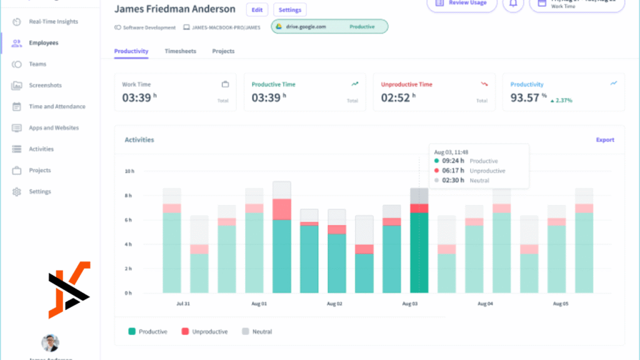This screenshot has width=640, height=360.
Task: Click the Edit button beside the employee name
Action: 257,10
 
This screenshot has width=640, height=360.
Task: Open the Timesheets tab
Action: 180,51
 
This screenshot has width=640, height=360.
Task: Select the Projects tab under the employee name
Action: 223,51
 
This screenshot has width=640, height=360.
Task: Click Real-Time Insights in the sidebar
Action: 53,22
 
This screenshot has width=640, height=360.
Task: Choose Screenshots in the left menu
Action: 45,86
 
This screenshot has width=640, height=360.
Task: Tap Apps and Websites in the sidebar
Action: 54,128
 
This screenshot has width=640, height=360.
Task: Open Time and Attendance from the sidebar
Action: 57,107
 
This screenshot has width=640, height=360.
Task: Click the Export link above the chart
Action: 604,140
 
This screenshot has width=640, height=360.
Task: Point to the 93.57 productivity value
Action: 524,97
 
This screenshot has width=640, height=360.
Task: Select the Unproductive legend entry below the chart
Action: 209,332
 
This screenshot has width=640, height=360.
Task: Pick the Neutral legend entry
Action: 262,332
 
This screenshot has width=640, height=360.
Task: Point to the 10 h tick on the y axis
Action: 128,171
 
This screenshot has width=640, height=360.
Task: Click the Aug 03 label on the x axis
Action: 410,304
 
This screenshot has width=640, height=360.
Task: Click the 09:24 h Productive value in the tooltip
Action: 453,161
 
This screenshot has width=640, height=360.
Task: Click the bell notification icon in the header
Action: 513,4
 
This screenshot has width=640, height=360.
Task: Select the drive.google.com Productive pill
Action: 329,27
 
